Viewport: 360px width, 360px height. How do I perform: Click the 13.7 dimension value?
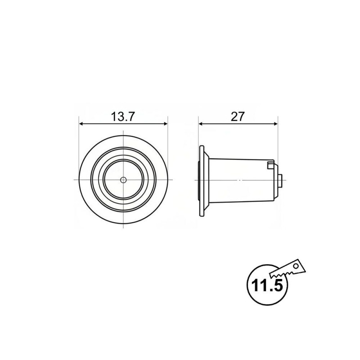[x=122, y=117]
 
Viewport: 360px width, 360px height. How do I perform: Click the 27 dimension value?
[x=238, y=117]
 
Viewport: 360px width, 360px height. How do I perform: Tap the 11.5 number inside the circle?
[x=267, y=285]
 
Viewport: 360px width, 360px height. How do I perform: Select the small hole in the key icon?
[x=296, y=266]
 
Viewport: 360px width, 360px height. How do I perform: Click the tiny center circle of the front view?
[x=123, y=180]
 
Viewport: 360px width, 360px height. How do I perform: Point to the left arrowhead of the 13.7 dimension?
[x=81, y=124]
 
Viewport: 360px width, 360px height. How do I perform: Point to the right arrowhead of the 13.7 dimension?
[x=165, y=124]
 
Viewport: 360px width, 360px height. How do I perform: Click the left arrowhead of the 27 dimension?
[x=201, y=124]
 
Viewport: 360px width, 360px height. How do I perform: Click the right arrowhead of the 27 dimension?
[x=275, y=124]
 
